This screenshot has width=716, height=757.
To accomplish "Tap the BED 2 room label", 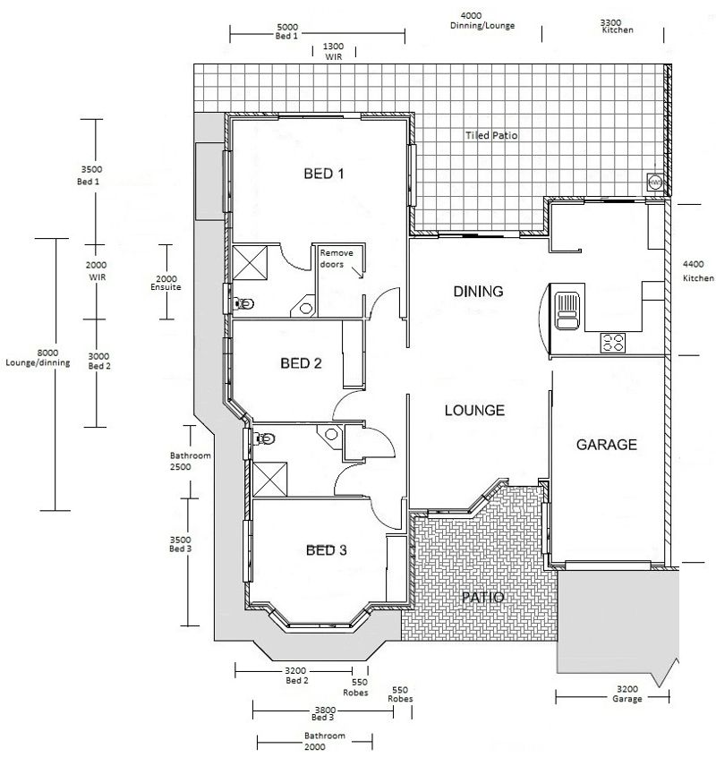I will (301, 363).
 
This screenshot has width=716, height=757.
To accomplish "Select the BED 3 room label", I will (327, 550).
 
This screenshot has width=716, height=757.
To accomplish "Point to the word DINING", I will (478, 292).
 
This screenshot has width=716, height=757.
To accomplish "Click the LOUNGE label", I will (474, 411).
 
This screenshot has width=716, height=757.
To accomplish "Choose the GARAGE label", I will (606, 444).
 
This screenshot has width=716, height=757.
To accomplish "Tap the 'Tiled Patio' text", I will (491, 136).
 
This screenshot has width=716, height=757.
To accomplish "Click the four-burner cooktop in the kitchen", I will (613, 342).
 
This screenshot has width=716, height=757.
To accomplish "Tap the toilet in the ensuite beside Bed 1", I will (238, 304).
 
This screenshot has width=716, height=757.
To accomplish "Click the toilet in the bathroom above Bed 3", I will (266, 438).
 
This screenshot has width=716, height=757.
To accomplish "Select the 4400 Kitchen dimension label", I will (698, 271).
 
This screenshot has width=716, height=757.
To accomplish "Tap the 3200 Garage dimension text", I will (627, 694).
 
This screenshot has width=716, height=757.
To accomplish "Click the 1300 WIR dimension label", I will (332, 50).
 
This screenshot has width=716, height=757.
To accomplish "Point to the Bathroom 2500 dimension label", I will (190, 461).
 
